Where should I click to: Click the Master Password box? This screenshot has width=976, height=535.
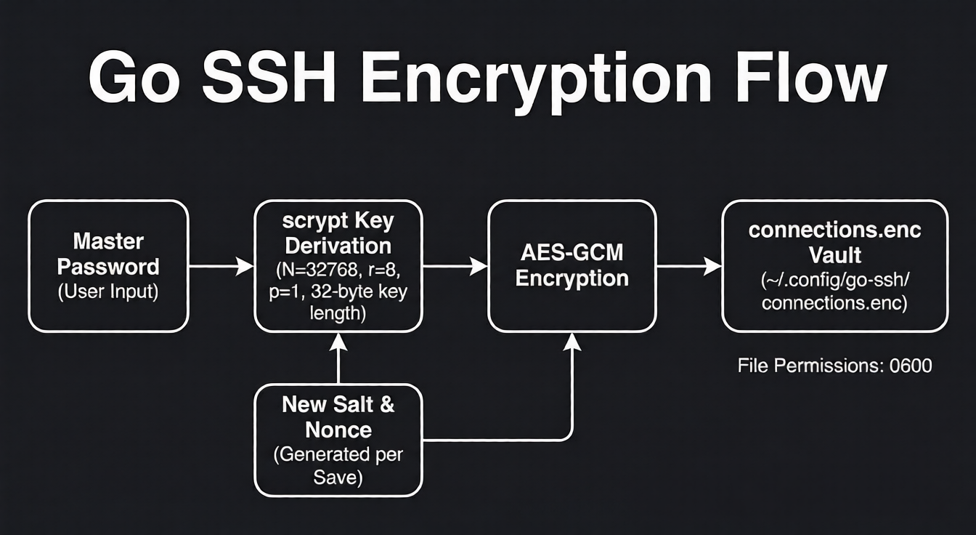pos(108,266)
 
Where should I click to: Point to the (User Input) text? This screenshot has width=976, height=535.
pos(108,292)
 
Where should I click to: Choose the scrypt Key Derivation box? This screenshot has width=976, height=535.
pos(338,266)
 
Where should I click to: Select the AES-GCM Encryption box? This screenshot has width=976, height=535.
pos(572,266)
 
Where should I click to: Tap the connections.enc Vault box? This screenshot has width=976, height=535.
pos(834,266)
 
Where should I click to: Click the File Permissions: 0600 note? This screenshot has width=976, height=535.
pos(834,365)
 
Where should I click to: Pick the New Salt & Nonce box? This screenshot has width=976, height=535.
pos(338,440)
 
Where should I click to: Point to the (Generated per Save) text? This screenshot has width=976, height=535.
pos(338,466)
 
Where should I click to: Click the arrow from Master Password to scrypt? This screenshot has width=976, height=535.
pos(221,267)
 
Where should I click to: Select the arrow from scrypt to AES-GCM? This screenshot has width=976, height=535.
pos(455,267)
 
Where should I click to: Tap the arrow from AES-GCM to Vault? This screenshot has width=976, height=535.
pos(688,267)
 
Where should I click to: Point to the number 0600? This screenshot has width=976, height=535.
pos(910,365)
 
